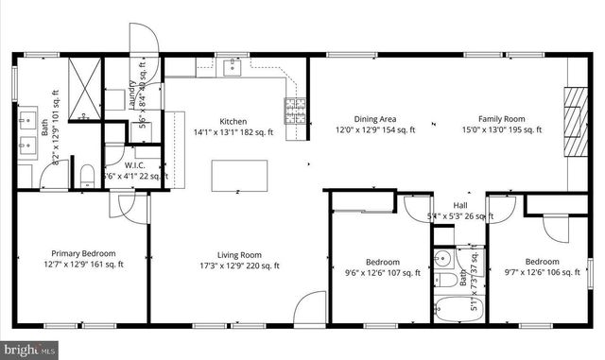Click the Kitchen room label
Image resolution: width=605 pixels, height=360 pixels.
pos(233,121)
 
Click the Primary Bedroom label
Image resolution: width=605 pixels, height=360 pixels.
pos(83,253)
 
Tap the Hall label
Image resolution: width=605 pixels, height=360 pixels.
pos(460,205)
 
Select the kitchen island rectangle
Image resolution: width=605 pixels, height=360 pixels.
pos(239,175)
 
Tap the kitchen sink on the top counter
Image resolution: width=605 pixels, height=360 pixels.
pos(233,67)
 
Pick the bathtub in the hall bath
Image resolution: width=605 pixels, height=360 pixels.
pos(456,307)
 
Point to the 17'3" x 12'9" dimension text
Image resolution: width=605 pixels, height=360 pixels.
pos(238,266)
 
